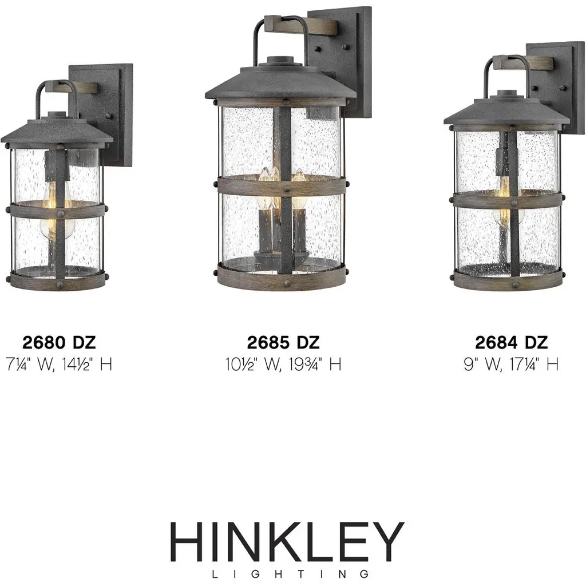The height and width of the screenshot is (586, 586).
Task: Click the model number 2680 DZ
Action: click(x=59, y=342)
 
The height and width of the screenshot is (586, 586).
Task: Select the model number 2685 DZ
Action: click(x=283, y=342)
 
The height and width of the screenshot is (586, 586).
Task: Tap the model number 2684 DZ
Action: click(x=511, y=342)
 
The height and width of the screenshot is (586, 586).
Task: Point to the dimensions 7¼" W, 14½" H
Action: click(x=59, y=364)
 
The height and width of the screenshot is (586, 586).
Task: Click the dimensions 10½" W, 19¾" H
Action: click(x=283, y=364)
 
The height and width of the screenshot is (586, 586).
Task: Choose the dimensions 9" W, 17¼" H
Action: click(x=511, y=364)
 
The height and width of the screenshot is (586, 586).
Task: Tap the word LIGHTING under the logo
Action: click(x=290, y=573)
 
